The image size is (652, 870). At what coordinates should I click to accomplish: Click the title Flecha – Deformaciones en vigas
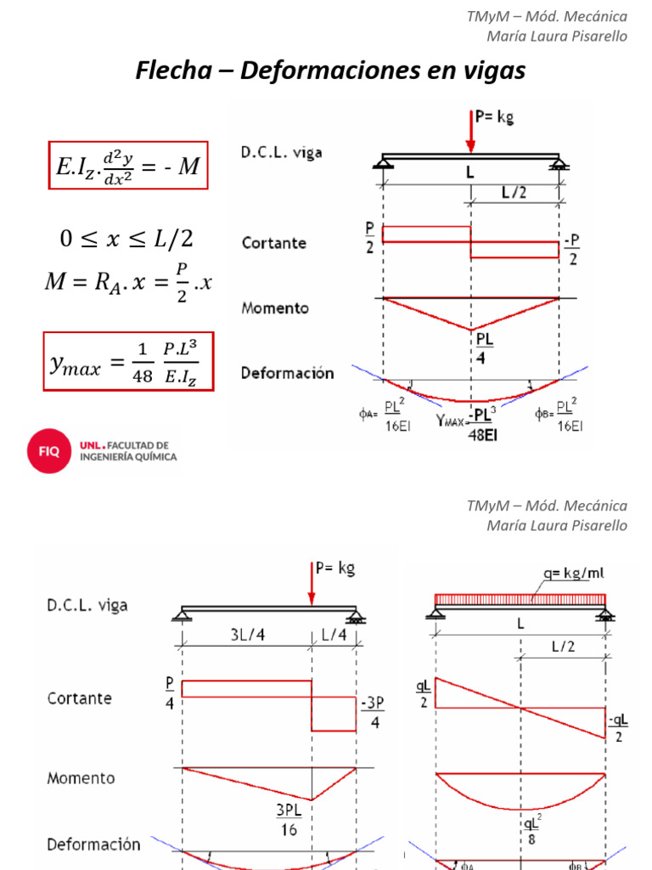click(330, 71)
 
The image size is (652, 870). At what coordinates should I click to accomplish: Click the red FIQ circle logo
click(48, 451)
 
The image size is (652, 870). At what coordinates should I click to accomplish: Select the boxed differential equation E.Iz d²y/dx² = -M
click(127, 166)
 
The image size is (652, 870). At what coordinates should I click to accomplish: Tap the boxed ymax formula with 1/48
click(127, 362)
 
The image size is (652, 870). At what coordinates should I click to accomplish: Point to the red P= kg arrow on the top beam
click(471, 132)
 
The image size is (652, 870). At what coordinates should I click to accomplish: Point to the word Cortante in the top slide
click(273, 243)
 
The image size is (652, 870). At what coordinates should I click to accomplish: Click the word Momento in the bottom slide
click(81, 778)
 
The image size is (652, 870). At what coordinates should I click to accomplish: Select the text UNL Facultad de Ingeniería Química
click(127, 451)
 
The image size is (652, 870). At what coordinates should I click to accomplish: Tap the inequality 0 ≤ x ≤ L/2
click(127, 239)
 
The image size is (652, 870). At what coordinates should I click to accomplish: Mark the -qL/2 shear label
click(619, 729)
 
